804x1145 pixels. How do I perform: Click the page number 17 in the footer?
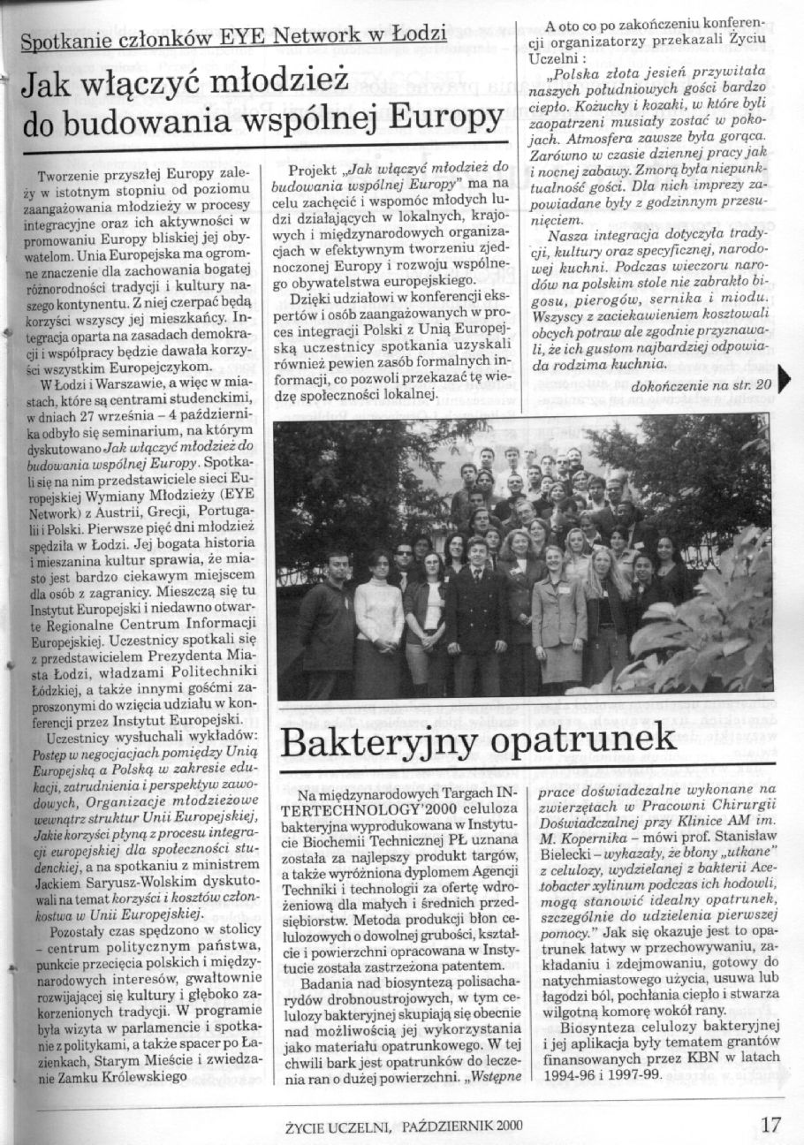tap(770, 1125)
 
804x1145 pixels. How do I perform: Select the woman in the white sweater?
tap(378, 618)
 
